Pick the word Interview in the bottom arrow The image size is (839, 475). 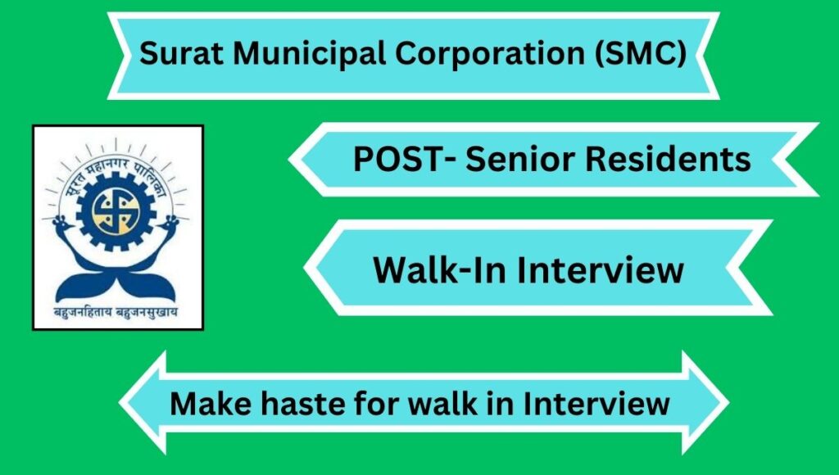[x=596, y=403]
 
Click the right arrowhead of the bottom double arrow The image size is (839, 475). [x=705, y=403]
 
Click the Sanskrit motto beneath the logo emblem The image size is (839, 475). [x=116, y=312]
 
